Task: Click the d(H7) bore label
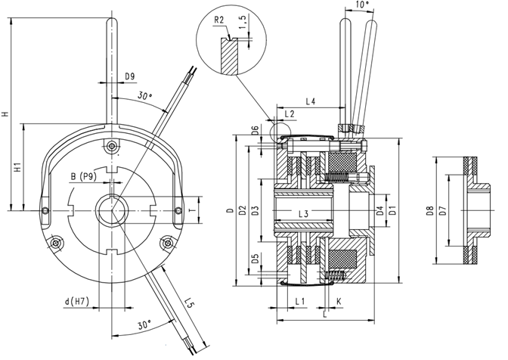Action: click(78, 303)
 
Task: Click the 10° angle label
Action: click(363, 6)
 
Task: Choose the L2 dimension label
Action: click(289, 113)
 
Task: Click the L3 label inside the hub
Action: click(302, 214)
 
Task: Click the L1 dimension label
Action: click(299, 301)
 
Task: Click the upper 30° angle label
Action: click(145, 98)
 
